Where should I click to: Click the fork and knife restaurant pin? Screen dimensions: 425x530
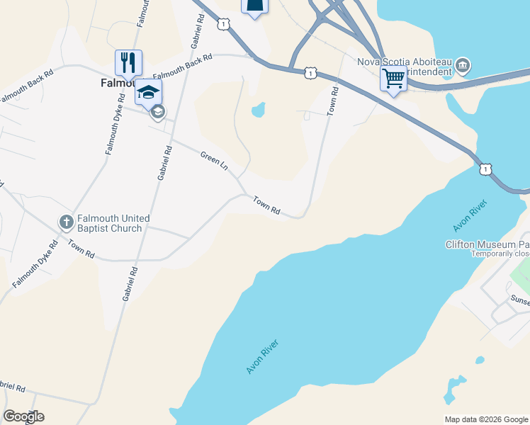coord(128,62)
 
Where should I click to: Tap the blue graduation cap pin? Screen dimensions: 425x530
coord(148,92)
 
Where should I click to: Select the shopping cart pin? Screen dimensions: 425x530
coord(393,78)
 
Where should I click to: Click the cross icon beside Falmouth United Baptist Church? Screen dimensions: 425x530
coord(66,223)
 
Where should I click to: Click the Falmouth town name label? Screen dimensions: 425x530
coord(113,82)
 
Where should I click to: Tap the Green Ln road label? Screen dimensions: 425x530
coord(214,161)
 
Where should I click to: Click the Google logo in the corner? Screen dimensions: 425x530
coord(23,416)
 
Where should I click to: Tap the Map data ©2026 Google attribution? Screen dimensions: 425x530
coord(485,419)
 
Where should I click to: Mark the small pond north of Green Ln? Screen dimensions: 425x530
coord(258,110)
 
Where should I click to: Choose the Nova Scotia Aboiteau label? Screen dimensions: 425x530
coord(404,61)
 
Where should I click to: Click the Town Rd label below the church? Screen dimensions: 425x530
coord(81,249)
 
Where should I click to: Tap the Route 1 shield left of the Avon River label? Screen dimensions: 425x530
coord(485,169)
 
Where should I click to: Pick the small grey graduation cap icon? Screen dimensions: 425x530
coord(158,111)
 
